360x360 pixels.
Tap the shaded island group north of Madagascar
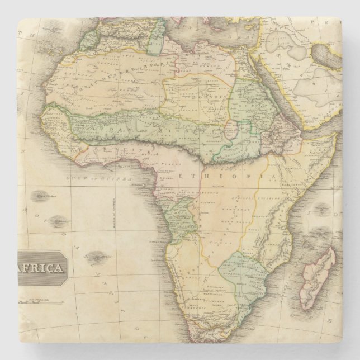pos(322,210)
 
